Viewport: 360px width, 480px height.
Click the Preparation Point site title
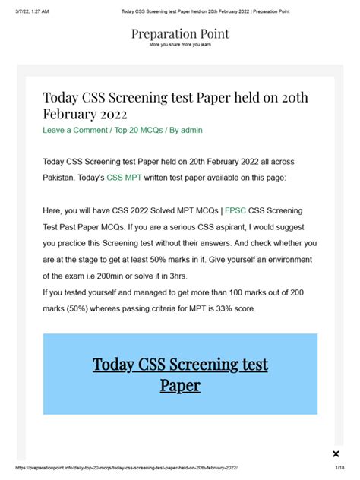point(180,34)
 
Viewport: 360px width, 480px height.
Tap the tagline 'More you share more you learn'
point(180,45)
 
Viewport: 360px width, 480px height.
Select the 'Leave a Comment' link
point(75,131)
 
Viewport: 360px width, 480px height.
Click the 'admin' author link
point(191,131)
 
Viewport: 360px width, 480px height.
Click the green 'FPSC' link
point(235,210)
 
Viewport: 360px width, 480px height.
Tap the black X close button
point(336,453)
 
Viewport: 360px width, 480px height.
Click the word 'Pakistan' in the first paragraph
point(63,176)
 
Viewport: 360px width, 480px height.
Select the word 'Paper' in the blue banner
point(180,385)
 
